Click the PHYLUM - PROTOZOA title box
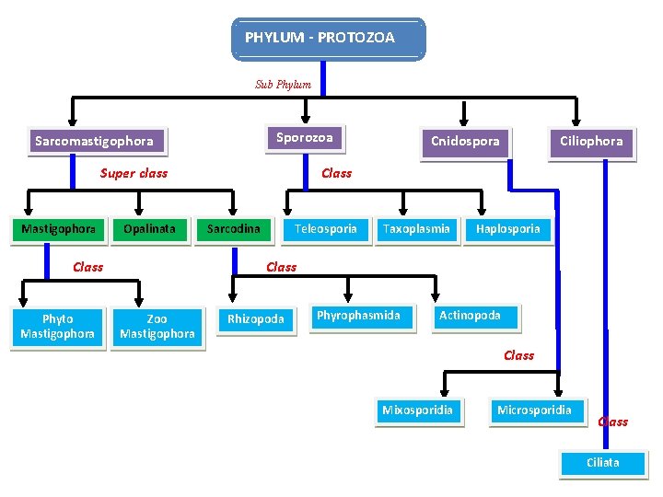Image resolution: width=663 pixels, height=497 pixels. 328,39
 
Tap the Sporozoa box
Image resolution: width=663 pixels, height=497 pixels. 304,138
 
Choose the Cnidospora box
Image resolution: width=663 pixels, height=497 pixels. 466,142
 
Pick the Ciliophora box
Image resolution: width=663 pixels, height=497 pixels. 591,142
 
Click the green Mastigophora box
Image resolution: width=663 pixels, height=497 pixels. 58,229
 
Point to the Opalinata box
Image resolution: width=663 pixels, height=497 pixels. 149,229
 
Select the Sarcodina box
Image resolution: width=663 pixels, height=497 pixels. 233,229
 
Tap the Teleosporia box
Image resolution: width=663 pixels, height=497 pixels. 325,229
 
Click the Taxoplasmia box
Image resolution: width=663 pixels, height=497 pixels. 416,229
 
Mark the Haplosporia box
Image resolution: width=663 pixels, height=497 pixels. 508,229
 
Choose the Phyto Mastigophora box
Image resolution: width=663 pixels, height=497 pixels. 57,327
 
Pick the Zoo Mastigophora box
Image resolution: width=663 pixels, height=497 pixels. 157,327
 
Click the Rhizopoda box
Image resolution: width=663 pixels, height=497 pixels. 256,319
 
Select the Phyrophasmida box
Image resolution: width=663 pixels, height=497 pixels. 359,316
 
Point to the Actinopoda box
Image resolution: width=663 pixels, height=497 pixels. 471,316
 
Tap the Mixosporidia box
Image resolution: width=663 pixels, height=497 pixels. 418,410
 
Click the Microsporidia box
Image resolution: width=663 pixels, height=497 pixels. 534,410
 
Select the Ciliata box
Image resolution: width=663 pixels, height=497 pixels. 603,463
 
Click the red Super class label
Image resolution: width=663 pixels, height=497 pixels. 134,173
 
